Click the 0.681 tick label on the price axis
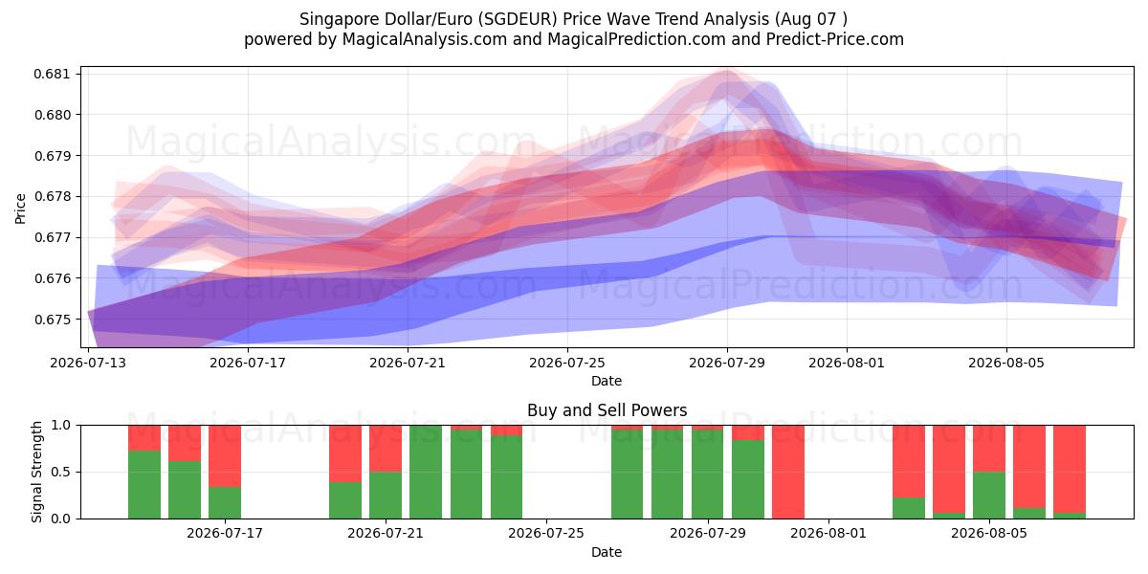pos(52,74)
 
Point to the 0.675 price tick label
pos(52,320)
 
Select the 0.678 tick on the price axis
pos(52,197)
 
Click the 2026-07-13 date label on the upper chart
pos(88,363)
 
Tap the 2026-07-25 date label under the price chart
pos(567,363)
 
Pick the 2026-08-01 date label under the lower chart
pos(828,534)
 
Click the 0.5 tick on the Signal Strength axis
pos(60,472)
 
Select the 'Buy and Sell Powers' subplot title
pos(607,410)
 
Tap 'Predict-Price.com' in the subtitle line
pos(835,39)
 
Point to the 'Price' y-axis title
pos(20,209)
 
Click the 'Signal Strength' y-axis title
pos(36,472)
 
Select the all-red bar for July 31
pos(788,472)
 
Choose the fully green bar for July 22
pos(426,472)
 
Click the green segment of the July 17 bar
pos(225,503)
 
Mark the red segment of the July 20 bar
pos(345,453)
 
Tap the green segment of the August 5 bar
pos(989,496)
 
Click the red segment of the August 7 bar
pos(1070,469)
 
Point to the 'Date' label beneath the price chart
pos(607,382)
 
